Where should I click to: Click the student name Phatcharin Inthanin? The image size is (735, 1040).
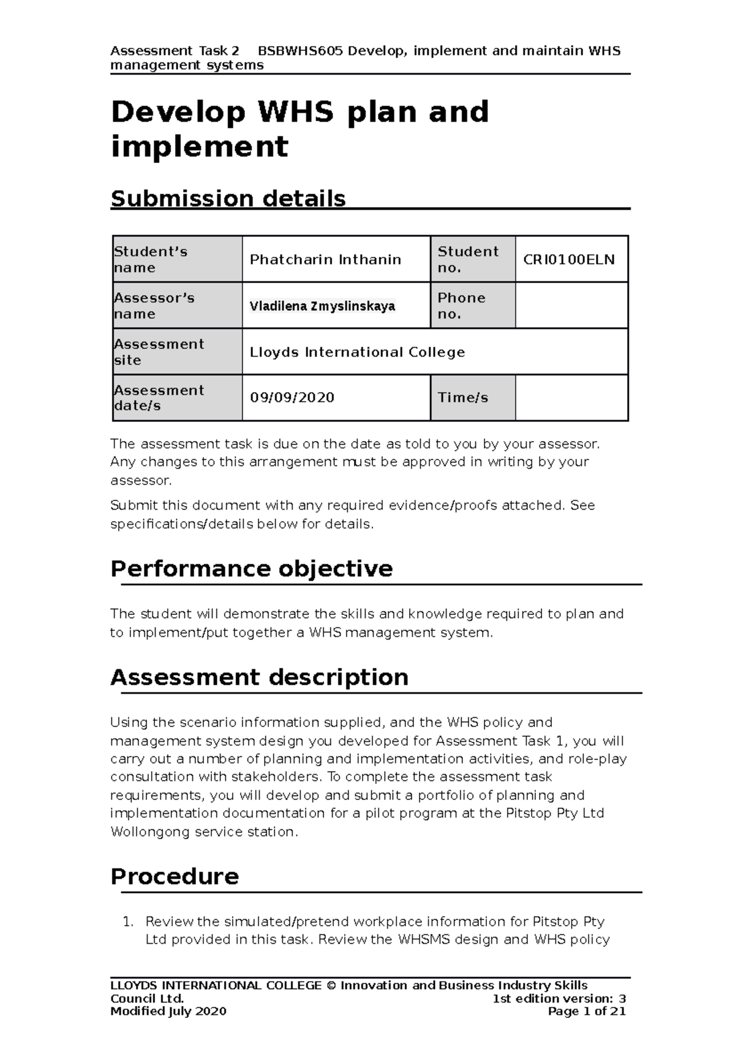[x=325, y=260]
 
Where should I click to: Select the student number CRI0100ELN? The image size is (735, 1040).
[x=568, y=260]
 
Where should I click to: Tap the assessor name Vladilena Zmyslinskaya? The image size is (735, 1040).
[x=322, y=306]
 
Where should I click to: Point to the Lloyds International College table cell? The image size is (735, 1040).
[x=357, y=352]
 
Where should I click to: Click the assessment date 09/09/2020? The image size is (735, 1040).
[x=292, y=398]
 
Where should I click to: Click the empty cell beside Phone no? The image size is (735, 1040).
[x=571, y=306]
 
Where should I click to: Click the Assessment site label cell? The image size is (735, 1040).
[x=159, y=352]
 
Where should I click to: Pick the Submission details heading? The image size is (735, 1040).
[x=228, y=198]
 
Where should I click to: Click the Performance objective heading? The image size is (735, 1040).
[x=251, y=569]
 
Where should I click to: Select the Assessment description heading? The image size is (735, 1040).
[x=259, y=677]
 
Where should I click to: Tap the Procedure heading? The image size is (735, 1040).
[x=175, y=876]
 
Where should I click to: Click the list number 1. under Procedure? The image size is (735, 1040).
[x=127, y=921]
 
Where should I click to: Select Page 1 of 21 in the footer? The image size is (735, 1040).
[x=587, y=1011]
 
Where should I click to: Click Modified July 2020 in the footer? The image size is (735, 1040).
[x=168, y=1011]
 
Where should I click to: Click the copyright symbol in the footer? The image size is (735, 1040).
[x=331, y=985]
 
